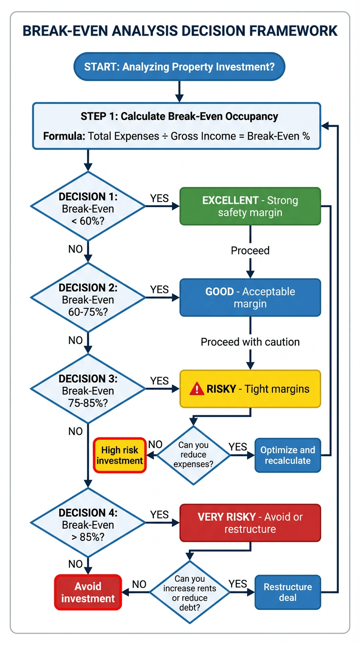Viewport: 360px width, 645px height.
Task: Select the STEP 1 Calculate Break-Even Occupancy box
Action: pos(176,126)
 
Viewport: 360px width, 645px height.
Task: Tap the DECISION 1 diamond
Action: pos(88,206)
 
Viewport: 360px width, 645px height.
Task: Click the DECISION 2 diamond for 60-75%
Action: pos(88,298)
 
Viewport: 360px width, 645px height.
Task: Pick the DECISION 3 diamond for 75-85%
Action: pos(88,389)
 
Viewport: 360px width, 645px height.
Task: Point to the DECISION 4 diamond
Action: pos(88,523)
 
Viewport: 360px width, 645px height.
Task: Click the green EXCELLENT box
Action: pos(250,207)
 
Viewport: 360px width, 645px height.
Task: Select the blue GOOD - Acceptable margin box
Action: pos(250,298)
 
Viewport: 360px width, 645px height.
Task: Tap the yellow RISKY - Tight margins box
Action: pos(250,389)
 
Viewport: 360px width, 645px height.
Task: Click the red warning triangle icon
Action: pos(197,389)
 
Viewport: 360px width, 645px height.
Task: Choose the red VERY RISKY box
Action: pos(250,523)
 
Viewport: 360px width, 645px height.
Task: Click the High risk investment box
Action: pos(120,455)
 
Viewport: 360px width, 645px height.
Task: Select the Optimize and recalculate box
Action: pos(288,455)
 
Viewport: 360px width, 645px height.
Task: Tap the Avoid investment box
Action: pos(88,592)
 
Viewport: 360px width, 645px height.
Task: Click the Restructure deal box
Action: pos(288,592)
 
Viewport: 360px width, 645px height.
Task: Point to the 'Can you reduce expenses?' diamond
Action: pos(194,455)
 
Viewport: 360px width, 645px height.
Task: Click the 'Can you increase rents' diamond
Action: pos(190,592)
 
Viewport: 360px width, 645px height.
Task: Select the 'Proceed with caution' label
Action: pos(250,342)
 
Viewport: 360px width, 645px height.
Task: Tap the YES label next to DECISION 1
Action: pos(159,198)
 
